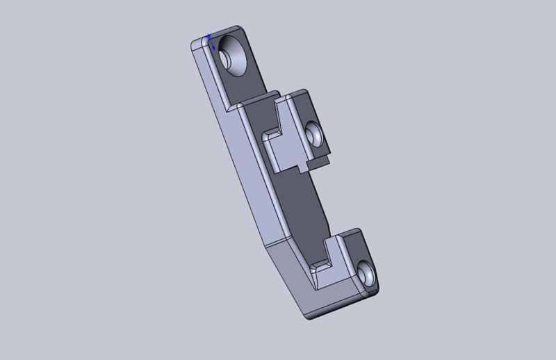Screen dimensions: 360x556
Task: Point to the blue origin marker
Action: pos(209,38)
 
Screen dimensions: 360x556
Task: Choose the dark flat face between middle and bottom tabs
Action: pos(306,208)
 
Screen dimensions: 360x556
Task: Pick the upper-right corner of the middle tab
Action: pos(305,91)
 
